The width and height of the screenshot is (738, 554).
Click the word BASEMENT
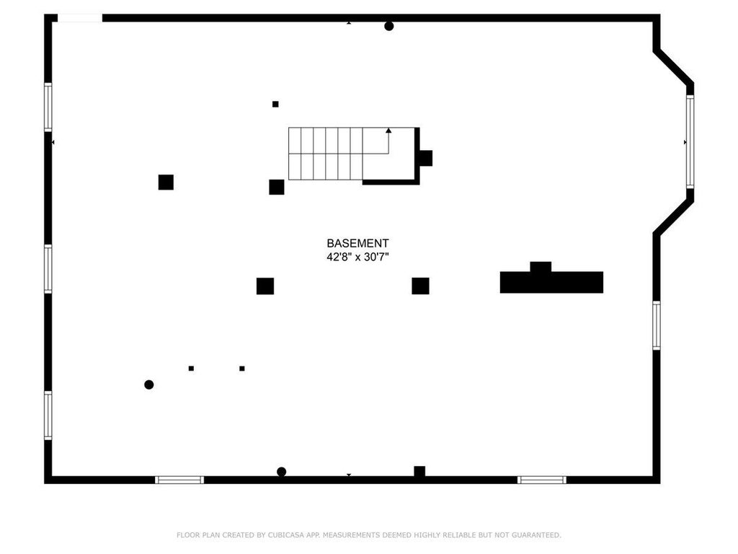click(x=357, y=244)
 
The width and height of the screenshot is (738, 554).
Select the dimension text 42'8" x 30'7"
click(x=357, y=258)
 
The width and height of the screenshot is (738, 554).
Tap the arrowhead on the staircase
click(x=388, y=131)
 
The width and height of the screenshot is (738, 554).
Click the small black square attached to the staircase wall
click(x=426, y=158)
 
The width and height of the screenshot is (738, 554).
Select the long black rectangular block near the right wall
click(x=551, y=282)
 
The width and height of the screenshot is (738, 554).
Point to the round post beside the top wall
click(x=388, y=27)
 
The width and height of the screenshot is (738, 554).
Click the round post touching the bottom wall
click(x=282, y=472)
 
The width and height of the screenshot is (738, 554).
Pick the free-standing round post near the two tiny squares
click(x=148, y=385)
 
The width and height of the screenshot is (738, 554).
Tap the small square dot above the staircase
click(x=275, y=104)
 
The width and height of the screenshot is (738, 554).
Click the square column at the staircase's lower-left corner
click(x=277, y=187)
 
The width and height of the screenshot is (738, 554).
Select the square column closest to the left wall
click(x=166, y=183)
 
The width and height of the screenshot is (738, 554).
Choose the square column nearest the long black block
click(x=420, y=286)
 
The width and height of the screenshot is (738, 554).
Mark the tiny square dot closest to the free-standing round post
click(x=191, y=369)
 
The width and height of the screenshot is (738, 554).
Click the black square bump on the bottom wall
click(x=419, y=471)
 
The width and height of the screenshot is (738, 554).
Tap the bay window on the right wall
click(x=690, y=142)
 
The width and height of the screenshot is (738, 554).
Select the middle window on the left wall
click(x=48, y=269)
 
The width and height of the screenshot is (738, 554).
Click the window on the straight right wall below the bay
click(x=657, y=325)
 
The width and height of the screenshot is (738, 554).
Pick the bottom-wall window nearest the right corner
click(x=542, y=480)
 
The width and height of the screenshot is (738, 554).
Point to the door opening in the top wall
click(x=80, y=18)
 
